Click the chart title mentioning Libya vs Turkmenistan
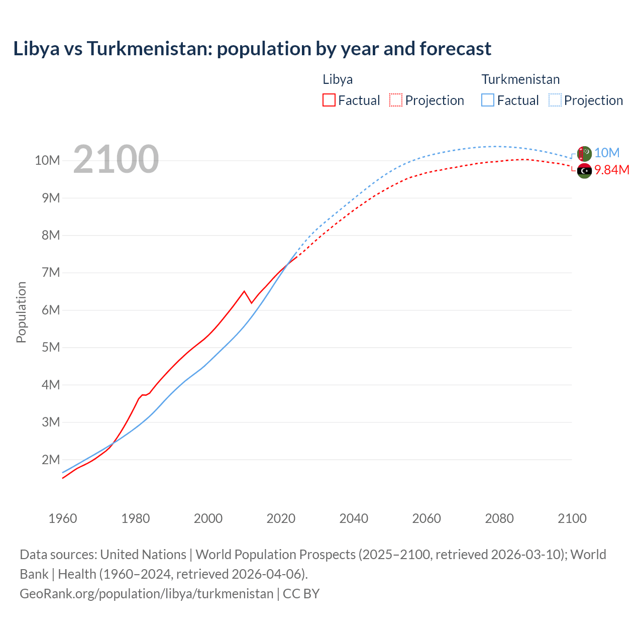coord(252,49)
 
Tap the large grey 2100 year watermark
coord(116,159)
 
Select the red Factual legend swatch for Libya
coord(329,100)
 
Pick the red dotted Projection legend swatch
coord(396,100)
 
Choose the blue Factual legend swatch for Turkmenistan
coord(488,100)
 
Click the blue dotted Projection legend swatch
coord(555,100)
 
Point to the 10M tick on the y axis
coord(48,161)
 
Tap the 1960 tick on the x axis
coord(63,518)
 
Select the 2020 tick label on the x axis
coord(281,518)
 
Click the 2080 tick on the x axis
coord(499,518)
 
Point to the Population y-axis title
coord(21,312)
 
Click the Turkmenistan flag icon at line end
coord(584,154)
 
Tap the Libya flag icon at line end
coord(584,171)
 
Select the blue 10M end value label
coord(607,153)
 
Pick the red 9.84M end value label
coord(612,170)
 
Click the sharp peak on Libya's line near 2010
coord(244,291)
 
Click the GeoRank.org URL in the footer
coord(146,593)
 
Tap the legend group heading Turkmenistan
coord(520,79)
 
